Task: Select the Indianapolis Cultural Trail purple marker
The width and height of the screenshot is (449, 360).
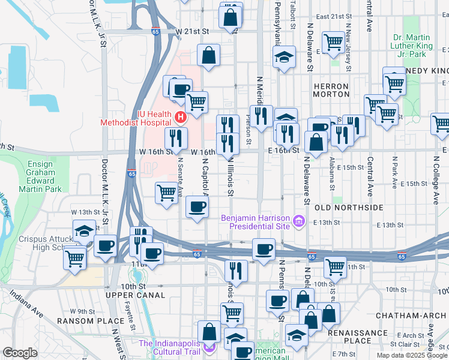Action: tap(209, 347)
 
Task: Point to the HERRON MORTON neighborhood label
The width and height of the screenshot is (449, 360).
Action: tap(331, 91)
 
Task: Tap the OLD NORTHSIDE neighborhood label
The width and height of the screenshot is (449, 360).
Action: tap(349, 207)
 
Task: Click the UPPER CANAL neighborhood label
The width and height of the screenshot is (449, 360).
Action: tap(135, 295)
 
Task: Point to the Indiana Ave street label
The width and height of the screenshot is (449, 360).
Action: tap(26, 304)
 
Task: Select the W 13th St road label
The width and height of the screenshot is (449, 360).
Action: tap(84, 212)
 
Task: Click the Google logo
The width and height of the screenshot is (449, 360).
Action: tap(20, 353)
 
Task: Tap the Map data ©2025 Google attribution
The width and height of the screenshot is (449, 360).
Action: tap(412, 355)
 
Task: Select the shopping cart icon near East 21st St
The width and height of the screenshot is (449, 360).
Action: tap(333, 42)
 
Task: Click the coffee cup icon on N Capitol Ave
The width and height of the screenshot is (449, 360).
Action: tap(197, 207)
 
